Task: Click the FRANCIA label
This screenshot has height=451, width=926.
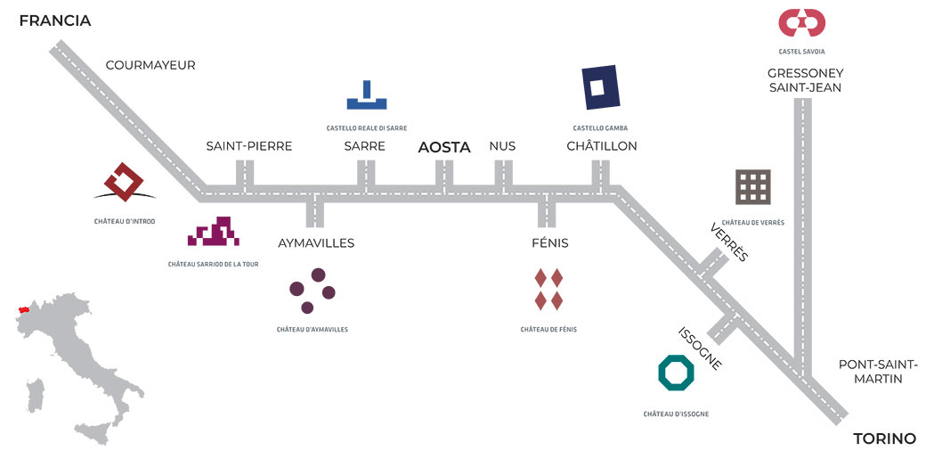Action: [55, 20]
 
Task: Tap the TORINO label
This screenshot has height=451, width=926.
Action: [884, 439]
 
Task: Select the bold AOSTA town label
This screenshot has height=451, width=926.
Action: [444, 148]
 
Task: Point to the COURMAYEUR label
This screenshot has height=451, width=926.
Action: [150, 65]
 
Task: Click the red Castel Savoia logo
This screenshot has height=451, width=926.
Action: [801, 22]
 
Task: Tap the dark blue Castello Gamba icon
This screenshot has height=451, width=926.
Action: [601, 88]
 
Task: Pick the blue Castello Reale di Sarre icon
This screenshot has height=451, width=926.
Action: [366, 95]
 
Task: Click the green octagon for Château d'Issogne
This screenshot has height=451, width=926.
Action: [676, 373]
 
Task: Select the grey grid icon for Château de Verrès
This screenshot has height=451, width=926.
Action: [752, 187]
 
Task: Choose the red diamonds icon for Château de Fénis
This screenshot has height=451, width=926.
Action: [548, 289]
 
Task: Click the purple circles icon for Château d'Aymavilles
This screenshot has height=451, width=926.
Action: [313, 291]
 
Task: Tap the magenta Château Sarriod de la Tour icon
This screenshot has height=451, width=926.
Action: [214, 232]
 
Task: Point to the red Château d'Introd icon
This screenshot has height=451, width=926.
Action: [124, 182]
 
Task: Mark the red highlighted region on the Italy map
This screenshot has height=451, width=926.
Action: [24, 312]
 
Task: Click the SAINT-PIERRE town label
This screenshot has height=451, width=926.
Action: [249, 146]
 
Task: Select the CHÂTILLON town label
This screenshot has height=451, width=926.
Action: [602, 146]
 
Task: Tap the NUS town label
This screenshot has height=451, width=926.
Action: [502, 146]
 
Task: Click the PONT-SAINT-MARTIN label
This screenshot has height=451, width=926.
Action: [878, 372]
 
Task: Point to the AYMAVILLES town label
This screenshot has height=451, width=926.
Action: [316, 242]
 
